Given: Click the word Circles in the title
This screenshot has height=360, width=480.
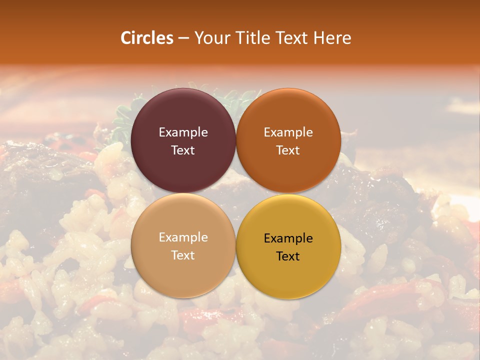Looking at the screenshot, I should click(147, 38).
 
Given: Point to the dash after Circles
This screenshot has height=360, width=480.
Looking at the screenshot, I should click(183, 38).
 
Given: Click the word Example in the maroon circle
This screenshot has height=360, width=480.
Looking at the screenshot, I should click(183, 132).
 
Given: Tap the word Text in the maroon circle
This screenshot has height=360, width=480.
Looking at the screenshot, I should click(183, 150).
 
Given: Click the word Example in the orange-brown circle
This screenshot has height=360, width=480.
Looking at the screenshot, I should click(288, 132).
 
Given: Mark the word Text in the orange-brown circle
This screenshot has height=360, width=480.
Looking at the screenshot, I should click(288, 150).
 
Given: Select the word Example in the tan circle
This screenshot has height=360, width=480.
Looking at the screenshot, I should click(183, 237).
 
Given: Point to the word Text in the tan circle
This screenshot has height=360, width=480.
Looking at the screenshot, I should click(183, 255).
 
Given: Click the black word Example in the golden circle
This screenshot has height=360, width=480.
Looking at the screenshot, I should click(288, 238).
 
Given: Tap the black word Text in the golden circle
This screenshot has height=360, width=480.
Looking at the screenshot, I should click(288, 256).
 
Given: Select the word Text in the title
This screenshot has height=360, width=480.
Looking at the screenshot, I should click(292, 38).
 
